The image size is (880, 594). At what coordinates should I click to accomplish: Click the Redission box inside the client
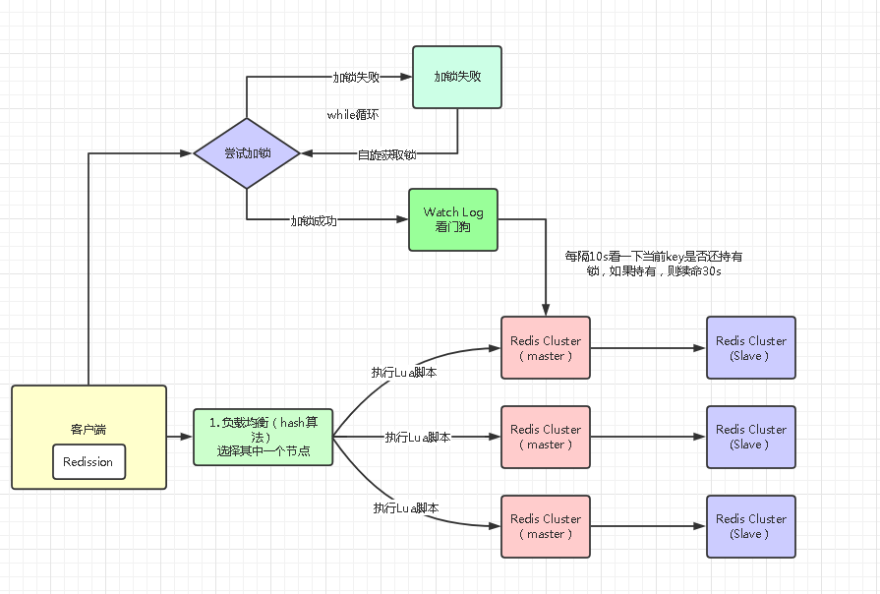88,461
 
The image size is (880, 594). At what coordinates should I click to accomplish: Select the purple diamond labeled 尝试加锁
247,153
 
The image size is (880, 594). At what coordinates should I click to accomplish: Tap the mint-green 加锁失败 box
456,77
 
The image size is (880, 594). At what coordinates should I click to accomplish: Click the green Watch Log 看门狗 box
453,219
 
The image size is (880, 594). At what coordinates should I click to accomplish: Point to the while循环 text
353,115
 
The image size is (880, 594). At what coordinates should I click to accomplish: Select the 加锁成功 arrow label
314,221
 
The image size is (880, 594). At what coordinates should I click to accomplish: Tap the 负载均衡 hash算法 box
263,437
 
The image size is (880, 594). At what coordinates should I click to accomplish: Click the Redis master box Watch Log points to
546,347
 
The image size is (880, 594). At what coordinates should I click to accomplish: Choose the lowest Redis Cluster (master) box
546,526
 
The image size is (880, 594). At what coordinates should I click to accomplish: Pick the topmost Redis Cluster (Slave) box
750,347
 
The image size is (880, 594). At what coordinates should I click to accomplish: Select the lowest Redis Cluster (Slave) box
750,526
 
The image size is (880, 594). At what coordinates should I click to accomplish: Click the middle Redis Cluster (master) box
546,437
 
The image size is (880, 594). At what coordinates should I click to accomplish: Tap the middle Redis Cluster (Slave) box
750,437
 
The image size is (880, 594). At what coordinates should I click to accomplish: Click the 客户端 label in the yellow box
88,430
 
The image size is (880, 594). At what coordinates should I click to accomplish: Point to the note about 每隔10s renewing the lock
653,264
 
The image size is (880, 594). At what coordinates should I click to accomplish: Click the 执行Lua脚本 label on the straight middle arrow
418,437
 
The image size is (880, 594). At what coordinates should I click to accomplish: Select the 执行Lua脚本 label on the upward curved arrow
404,373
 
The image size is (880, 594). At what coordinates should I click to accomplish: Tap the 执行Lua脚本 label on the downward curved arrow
405,507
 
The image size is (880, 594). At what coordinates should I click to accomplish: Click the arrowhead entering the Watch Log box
402,219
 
